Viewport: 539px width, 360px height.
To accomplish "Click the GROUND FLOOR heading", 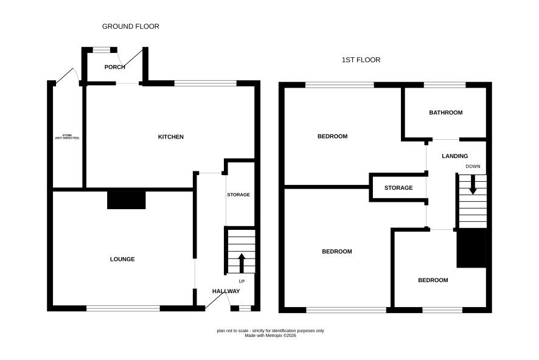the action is (x=131, y=26).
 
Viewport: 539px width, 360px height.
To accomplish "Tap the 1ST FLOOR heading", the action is (x=361, y=60).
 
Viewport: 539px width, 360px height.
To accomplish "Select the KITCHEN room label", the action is (x=171, y=137).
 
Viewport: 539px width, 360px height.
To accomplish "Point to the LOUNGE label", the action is (x=122, y=259).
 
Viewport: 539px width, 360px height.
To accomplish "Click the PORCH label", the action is (x=115, y=67).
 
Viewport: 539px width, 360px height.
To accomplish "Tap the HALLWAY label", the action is (x=226, y=291).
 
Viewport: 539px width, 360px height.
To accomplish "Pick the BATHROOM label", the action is (x=446, y=112).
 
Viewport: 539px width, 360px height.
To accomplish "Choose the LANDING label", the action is (x=455, y=156).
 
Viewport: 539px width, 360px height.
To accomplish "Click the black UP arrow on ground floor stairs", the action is (x=242, y=263).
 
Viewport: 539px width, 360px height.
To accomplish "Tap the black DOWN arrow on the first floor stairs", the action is (x=473, y=185).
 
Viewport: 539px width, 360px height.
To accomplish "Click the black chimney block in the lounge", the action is (x=127, y=200).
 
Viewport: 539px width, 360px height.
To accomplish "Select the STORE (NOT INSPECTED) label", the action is (x=67, y=137).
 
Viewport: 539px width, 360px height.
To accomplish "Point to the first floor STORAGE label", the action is (x=398, y=187).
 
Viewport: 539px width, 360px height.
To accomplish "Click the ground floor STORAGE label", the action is (x=238, y=195).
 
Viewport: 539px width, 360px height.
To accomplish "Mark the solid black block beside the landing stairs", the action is (x=471, y=248).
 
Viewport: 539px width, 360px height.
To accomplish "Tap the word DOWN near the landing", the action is (x=473, y=166).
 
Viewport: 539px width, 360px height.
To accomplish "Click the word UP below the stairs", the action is (x=242, y=282).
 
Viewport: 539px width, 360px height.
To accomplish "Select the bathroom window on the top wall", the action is (x=445, y=85).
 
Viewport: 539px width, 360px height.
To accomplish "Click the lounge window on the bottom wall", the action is (x=123, y=308).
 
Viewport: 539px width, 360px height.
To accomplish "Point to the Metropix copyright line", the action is (x=270, y=336).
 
